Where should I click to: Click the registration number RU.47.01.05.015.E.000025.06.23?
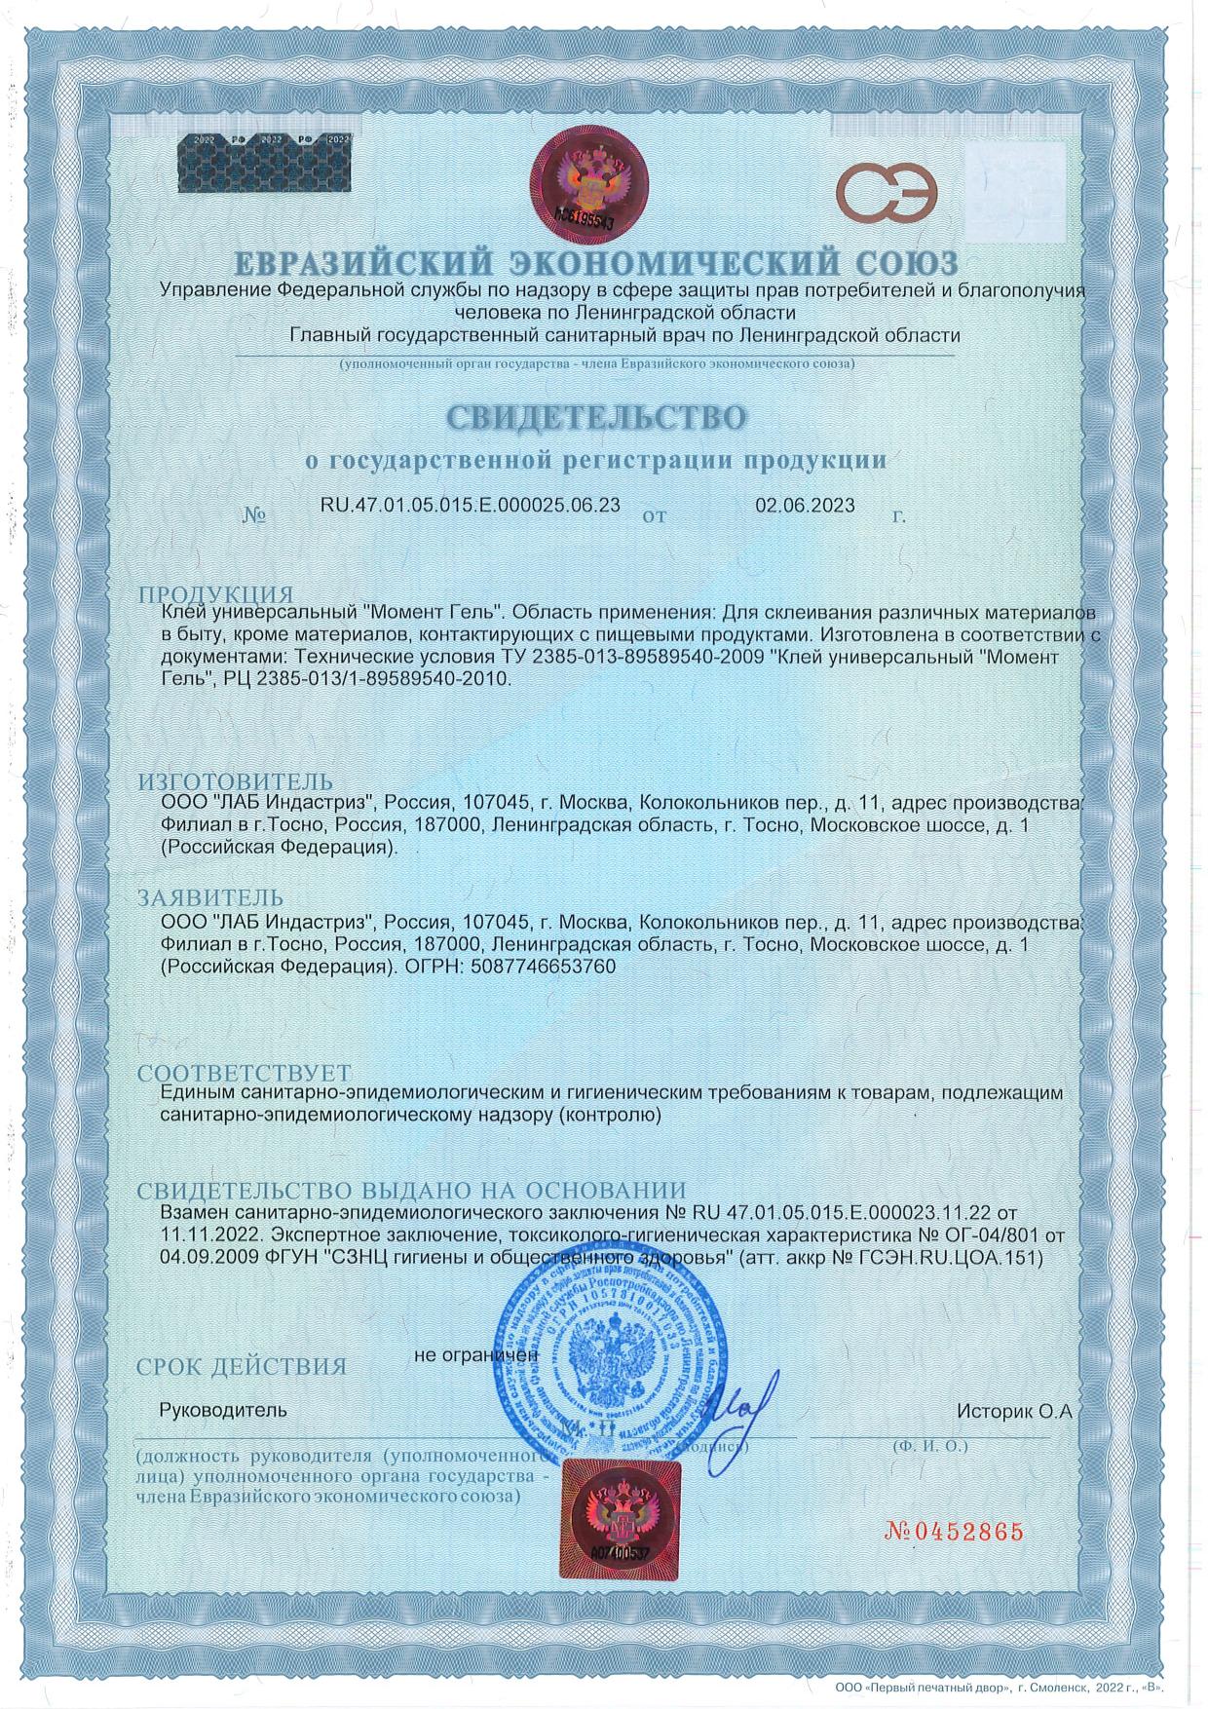coord(470,505)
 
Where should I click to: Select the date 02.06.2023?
coord(805,505)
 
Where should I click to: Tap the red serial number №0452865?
coord(954,1531)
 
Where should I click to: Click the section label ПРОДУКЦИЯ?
coord(215,595)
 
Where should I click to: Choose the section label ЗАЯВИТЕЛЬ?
coord(210,897)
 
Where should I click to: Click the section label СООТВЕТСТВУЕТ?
coord(244,1074)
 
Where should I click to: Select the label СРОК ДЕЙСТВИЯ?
coord(242,1366)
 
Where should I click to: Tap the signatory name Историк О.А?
coord(1013,1410)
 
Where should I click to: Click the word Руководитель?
coord(223,1410)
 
